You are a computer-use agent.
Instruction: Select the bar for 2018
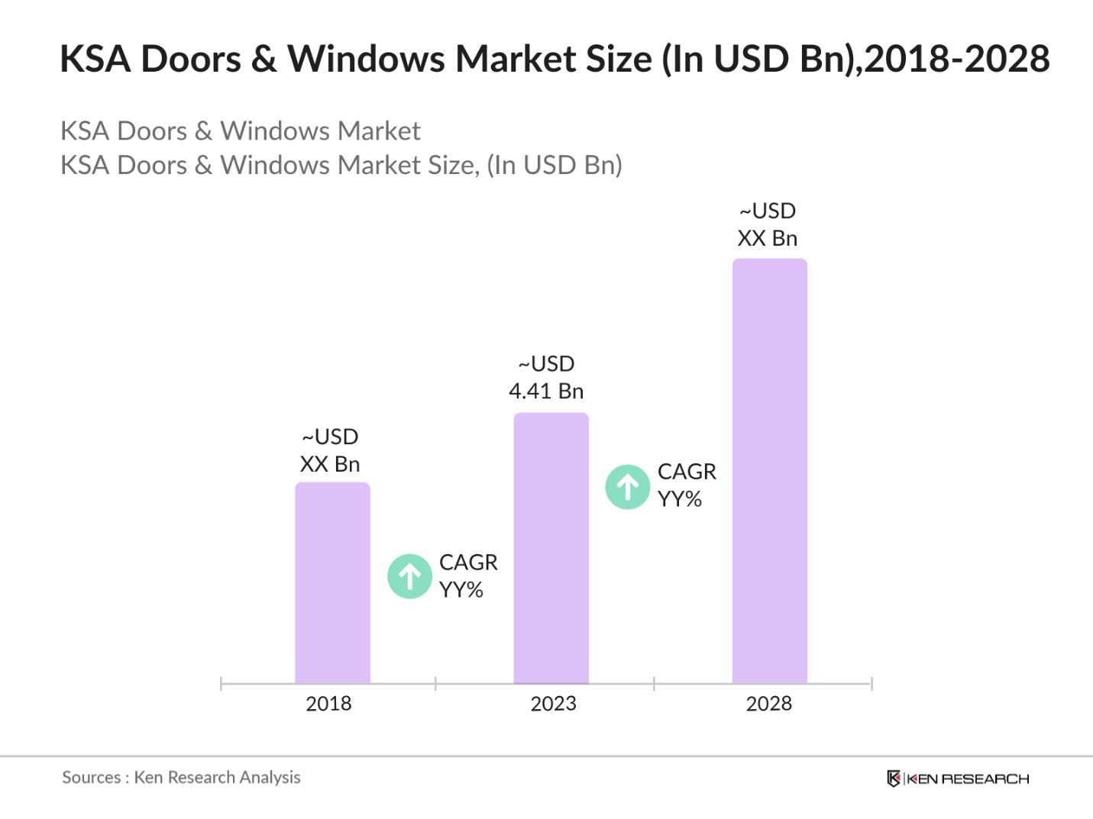click(x=332, y=583)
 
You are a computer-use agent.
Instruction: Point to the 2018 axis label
click(x=328, y=704)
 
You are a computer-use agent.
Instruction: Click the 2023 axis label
click(x=553, y=704)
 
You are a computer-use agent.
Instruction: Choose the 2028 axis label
click(x=768, y=704)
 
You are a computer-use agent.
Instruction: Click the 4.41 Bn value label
click(x=546, y=392)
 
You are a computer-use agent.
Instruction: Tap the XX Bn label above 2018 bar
click(x=329, y=464)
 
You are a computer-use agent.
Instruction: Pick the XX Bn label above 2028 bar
click(x=767, y=238)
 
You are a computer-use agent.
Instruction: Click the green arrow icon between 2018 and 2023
click(x=410, y=576)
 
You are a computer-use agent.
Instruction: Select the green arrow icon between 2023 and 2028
click(x=628, y=487)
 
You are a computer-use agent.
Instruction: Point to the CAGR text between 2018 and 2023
click(x=467, y=563)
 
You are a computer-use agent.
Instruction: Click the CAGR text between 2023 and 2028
click(x=687, y=472)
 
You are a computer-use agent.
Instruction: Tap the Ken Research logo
click(x=958, y=779)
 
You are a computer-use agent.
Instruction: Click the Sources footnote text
click(x=181, y=778)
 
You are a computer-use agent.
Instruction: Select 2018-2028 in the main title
click(x=957, y=60)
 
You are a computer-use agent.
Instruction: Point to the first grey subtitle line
click(x=240, y=131)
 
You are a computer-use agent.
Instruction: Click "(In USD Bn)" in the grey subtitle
click(x=554, y=165)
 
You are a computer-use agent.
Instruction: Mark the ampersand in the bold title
click(x=264, y=60)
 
